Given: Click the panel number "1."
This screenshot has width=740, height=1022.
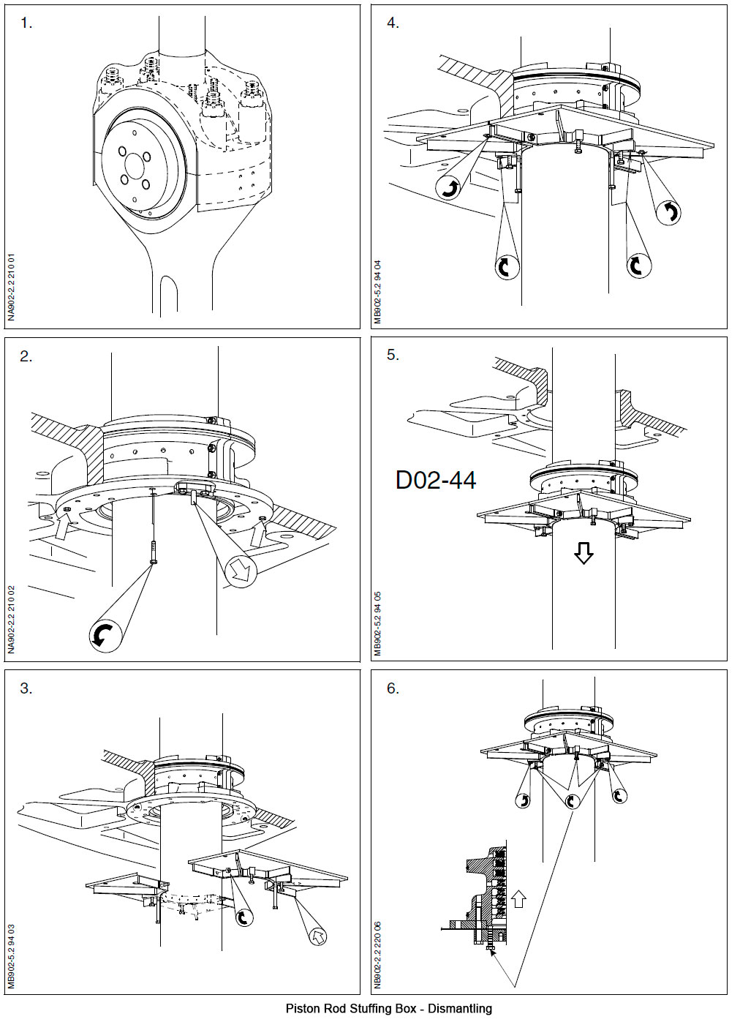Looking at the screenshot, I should [26, 23].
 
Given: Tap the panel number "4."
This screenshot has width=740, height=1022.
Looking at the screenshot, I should [393, 23].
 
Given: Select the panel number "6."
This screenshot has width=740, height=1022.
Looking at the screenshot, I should [393, 688].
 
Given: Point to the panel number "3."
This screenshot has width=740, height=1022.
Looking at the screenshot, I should [26, 688].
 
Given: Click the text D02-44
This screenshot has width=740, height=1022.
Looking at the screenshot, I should [436, 480].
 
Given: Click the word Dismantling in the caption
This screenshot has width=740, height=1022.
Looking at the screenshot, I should [459, 1009].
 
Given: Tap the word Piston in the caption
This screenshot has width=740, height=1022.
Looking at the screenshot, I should [300, 1009].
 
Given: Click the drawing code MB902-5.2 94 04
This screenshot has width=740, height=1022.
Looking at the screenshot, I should [378, 292].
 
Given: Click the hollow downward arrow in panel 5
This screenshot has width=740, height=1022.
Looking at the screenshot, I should [583, 554].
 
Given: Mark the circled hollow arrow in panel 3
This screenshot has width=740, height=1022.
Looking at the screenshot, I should [317, 935].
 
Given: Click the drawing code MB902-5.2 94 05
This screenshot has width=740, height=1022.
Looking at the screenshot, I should [378, 623].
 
